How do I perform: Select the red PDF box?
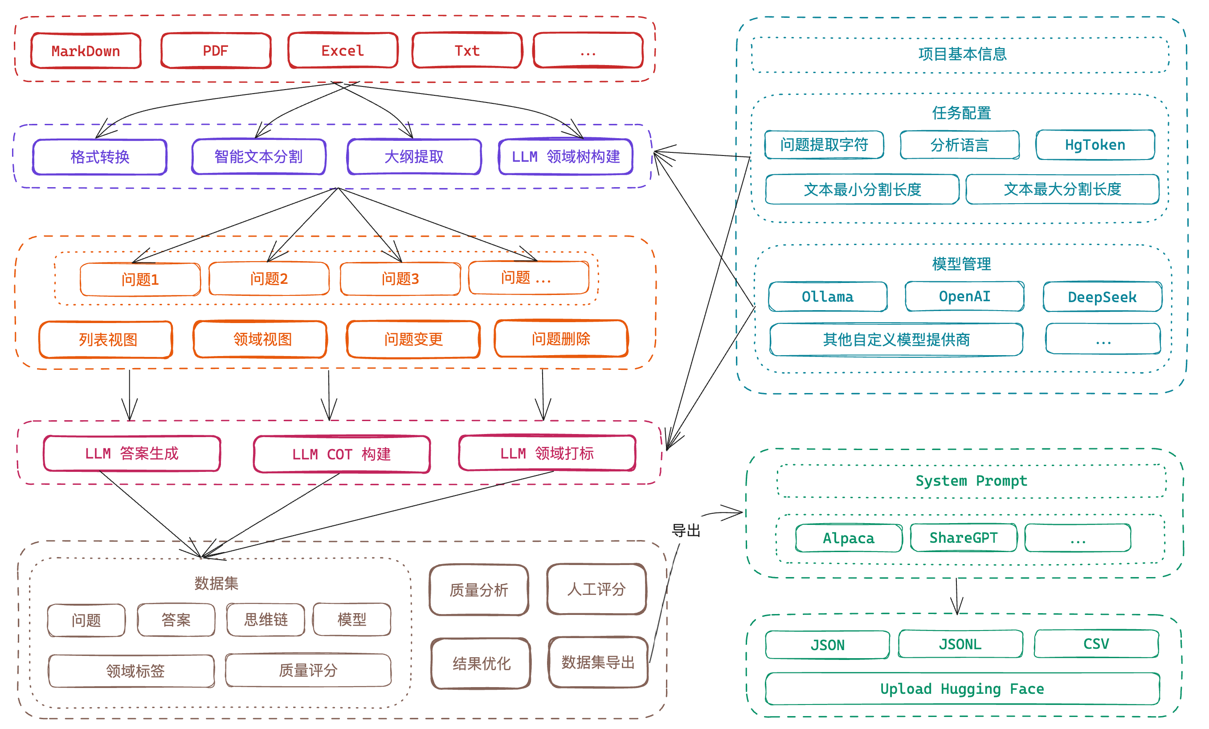coord(216,50)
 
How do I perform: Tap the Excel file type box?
coord(343,50)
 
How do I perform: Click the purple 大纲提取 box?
coord(414,156)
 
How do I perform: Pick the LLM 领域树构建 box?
coord(565,156)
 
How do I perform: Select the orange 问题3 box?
coord(400,279)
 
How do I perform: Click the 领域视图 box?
coord(261,339)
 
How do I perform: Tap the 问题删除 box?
coord(561,338)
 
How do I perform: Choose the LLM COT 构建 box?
coord(342,454)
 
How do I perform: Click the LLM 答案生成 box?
coord(131,453)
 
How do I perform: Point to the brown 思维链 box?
coord(265,619)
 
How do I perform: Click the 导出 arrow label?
coord(686,530)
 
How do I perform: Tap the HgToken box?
coord(1095,145)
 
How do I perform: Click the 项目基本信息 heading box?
coord(962,54)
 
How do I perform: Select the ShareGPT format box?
coord(963,537)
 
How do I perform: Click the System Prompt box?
coord(971,481)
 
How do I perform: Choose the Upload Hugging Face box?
coord(962,689)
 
